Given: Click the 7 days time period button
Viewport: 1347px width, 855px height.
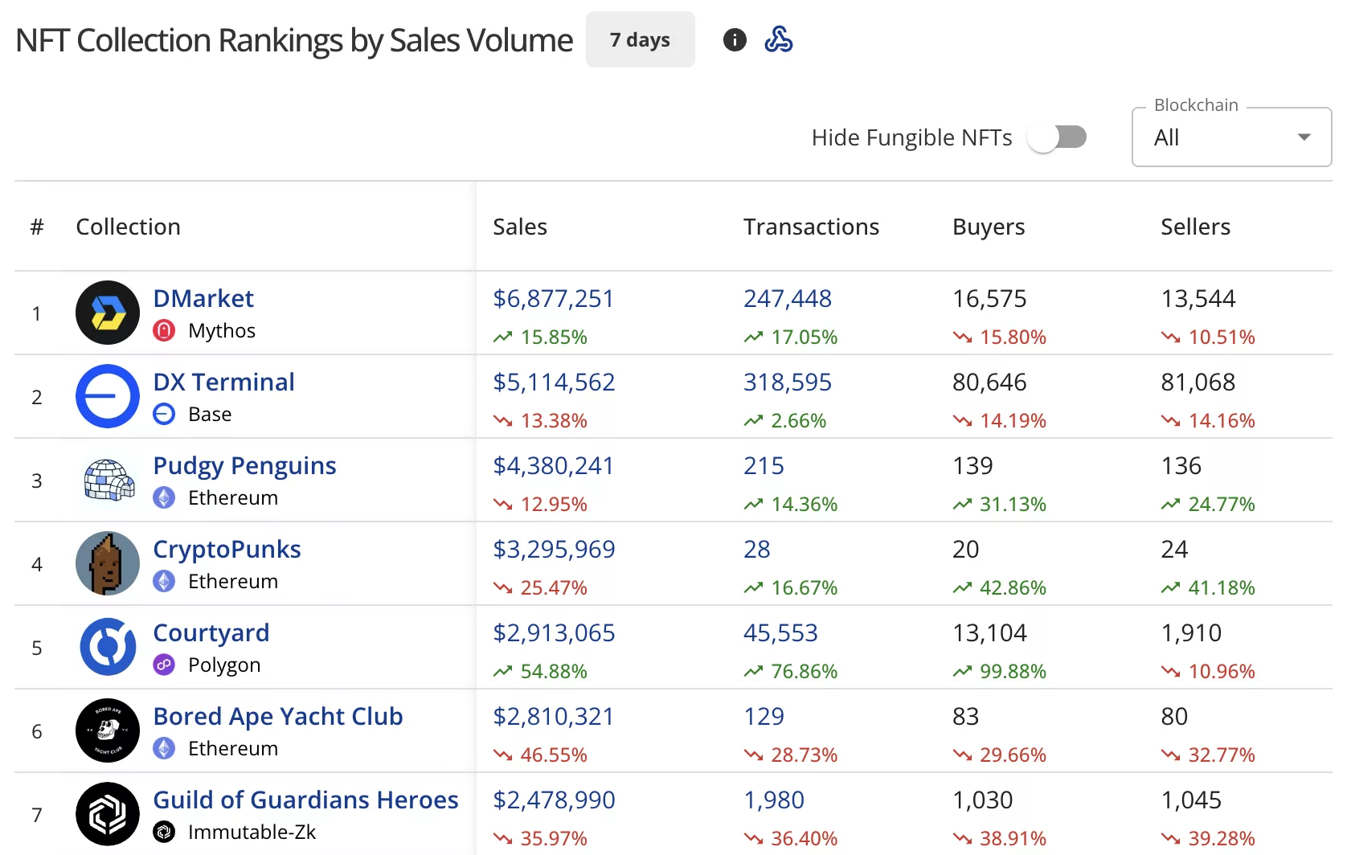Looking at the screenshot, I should tap(640, 39).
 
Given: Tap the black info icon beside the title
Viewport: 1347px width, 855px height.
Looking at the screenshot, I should tap(735, 39).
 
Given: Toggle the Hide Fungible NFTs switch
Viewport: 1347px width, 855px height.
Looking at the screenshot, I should tap(1057, 137).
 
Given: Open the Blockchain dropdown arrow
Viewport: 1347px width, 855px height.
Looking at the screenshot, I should tap(1304, 137).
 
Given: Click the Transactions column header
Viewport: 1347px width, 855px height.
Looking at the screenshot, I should tap(811, 227).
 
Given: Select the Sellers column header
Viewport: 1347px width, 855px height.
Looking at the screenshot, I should tap(1195, 227).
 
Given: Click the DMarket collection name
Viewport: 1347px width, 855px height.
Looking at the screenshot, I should tap(203, 298).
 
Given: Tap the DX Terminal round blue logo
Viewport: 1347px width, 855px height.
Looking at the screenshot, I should tap(108, 396).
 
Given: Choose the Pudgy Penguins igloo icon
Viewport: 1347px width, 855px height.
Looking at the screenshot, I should tap(108, 480).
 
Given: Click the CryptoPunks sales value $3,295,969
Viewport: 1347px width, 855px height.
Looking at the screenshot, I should tap(554, 549).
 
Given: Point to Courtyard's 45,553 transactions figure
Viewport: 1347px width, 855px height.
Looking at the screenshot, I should tap(780, 632).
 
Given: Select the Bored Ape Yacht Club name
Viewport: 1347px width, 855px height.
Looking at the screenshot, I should tap(278, 716).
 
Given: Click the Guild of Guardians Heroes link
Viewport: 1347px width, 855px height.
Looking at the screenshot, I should tap(305, 800).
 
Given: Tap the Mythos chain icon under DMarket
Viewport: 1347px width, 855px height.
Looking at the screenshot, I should tap(164, 330).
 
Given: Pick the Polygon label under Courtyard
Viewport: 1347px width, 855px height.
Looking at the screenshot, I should tap(224, 665).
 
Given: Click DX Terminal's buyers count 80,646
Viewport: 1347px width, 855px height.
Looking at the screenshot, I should tap(989, 382).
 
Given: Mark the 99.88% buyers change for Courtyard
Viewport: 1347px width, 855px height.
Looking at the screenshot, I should tap(1013, 671).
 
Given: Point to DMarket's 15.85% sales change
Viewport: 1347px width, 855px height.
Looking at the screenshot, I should tap(553, 337).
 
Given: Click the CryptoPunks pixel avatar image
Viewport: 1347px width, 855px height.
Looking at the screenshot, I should tap(108, 563).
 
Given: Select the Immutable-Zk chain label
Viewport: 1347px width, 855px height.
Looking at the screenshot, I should tap(252, 832).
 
